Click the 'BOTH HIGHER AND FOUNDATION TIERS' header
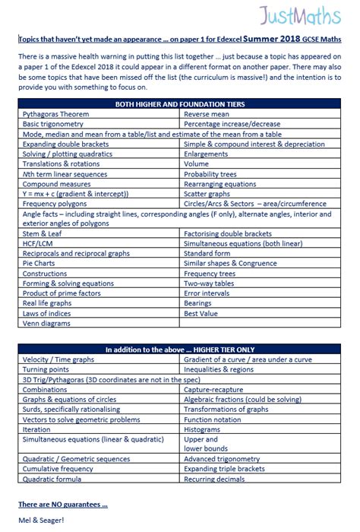(x=179, y=103)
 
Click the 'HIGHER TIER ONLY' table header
(x=179, y=349)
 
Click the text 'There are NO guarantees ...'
(x=62, y=504)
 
